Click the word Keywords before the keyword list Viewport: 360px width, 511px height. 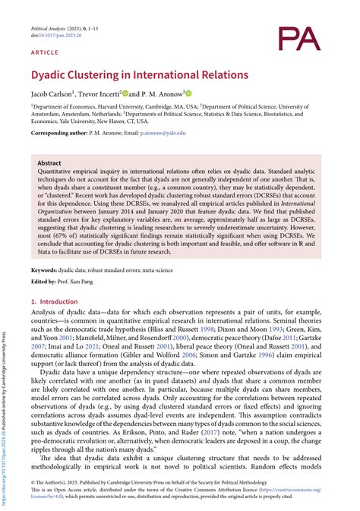point(44,270)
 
